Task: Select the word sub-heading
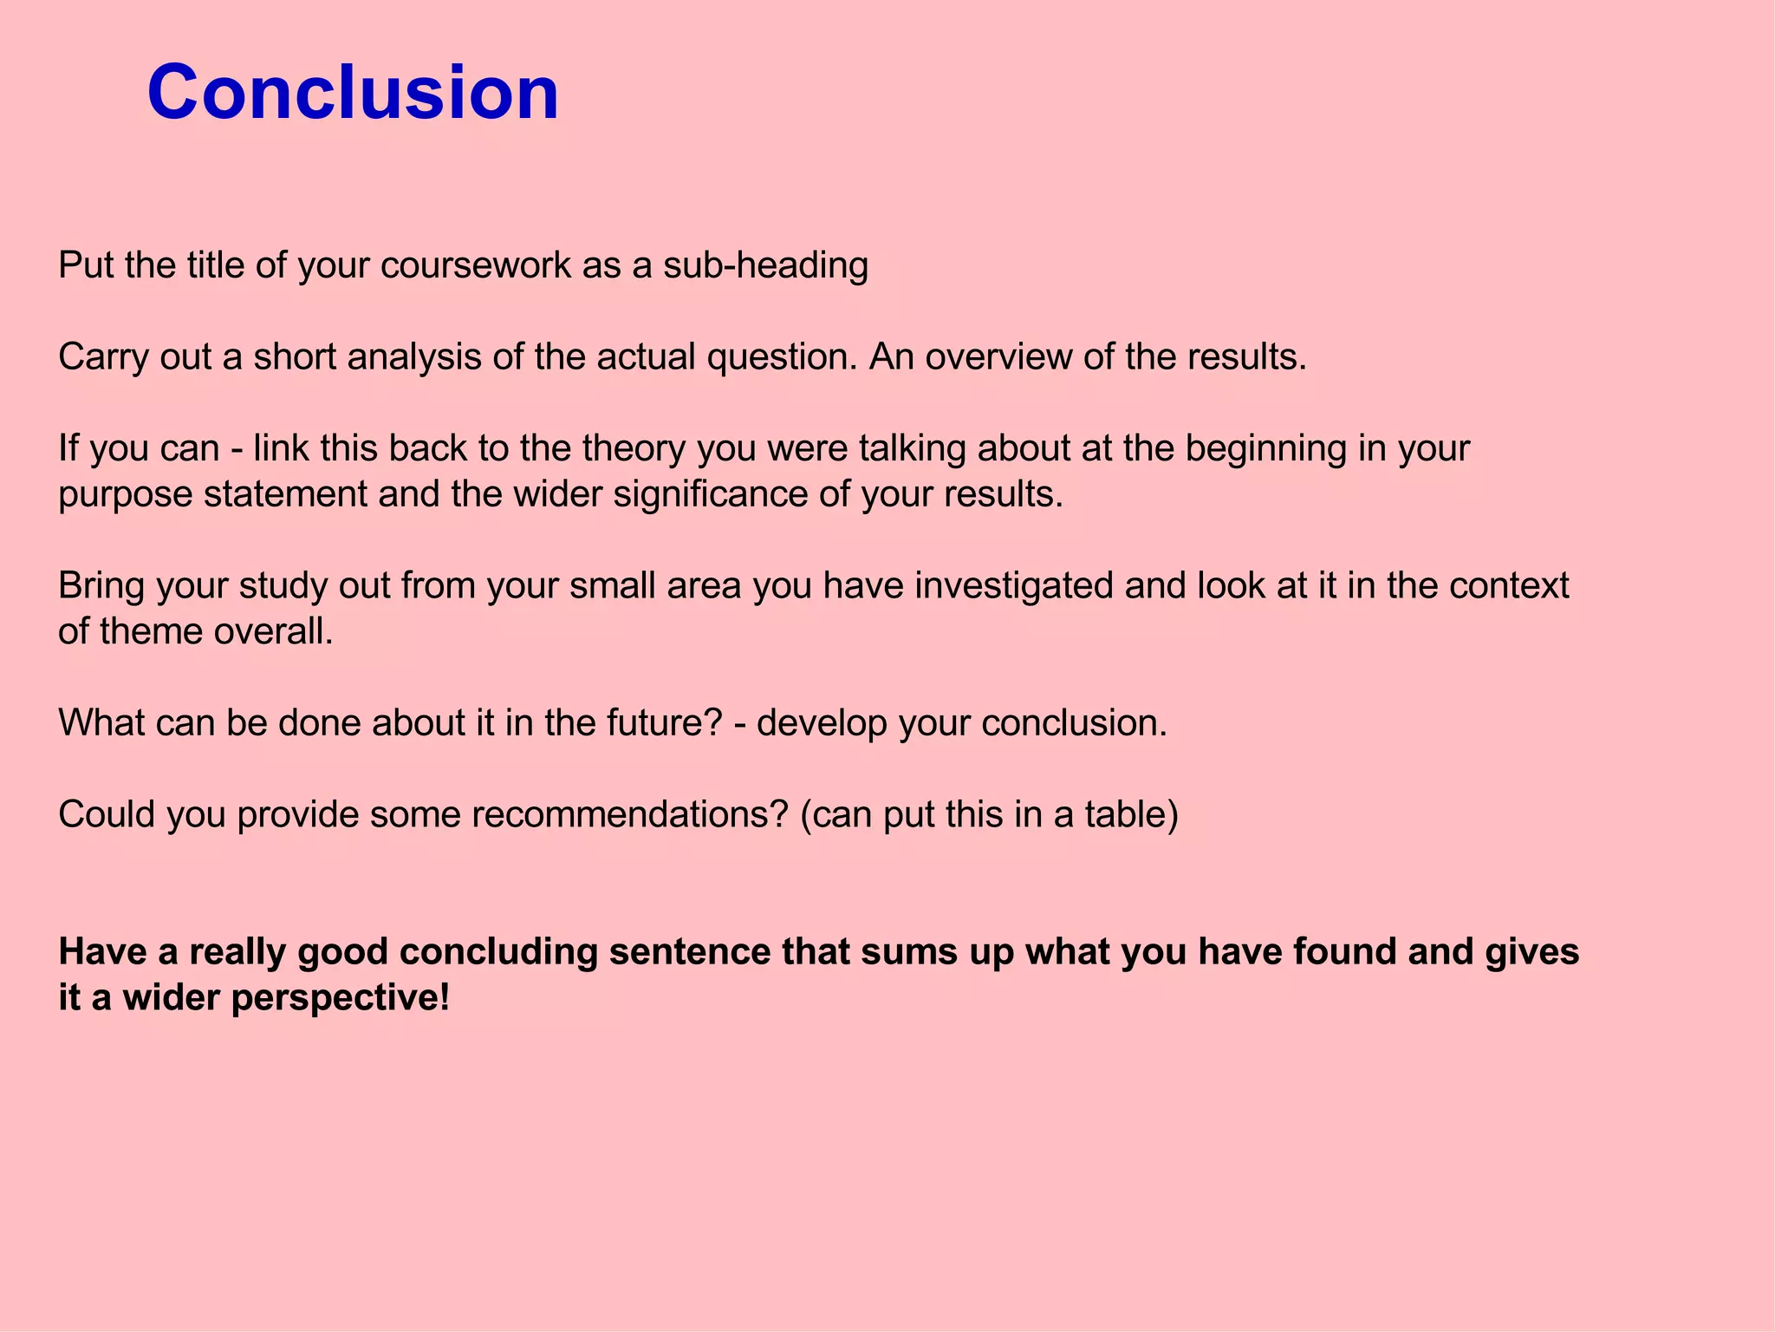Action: (765, 265)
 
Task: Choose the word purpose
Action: (125, 496)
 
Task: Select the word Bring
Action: (101, 586)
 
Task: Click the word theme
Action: (151, 631)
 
